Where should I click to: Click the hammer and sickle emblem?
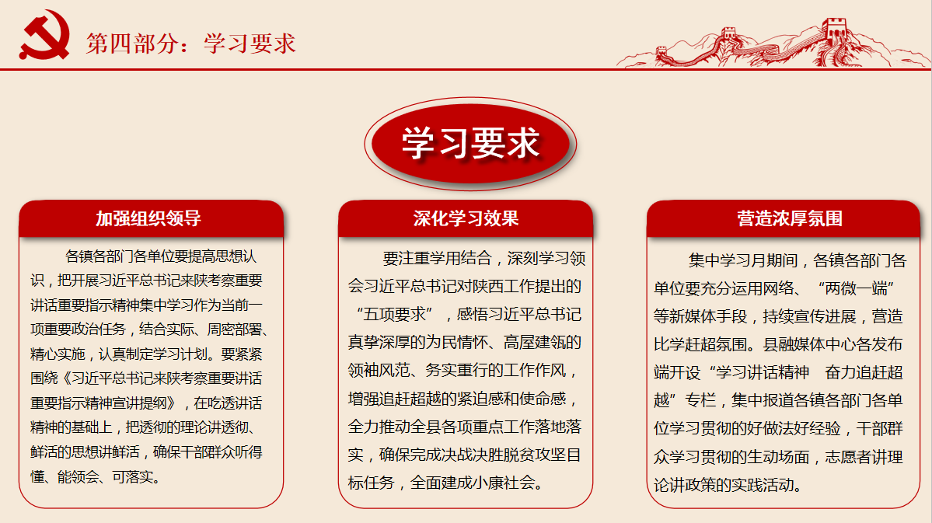(x=44, y=34)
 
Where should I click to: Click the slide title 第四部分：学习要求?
(x=190, y=44)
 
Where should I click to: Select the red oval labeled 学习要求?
(x=470, y=144)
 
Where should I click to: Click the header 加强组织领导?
(x=148, y=218)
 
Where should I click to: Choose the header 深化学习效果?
(x=466, y=218)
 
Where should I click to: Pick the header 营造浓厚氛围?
(x=790, y=218)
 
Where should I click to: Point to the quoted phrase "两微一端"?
(x=856, y=288)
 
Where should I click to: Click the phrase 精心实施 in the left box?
(x=58, y=354)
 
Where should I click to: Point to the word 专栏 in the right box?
(x=700, y=400)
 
